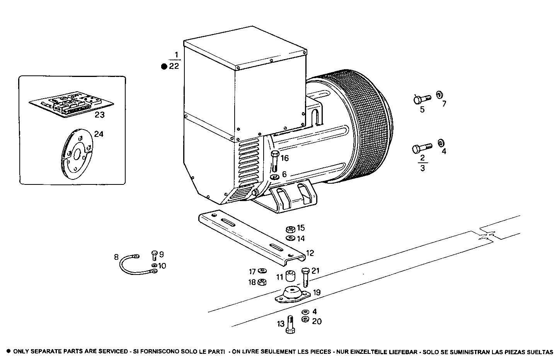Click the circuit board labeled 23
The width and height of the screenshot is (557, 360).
point(72,103)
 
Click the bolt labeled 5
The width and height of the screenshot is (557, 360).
point(421,99)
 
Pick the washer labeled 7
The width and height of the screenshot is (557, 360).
point(439,95)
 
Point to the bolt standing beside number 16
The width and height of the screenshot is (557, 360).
point(274,162)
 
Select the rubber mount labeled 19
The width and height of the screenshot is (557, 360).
point(292,295)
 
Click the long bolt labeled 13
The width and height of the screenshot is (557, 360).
point(291,325)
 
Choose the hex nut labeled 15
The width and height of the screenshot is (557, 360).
point(291,229)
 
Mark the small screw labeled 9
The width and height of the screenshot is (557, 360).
point(154,255)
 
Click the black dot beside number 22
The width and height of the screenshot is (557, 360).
point(164,67)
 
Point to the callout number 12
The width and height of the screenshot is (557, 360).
point(310,253)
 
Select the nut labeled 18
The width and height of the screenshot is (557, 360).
point(262,282)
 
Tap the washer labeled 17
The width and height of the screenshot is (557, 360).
point(262,271)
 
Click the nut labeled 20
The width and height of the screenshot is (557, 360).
point(305,319)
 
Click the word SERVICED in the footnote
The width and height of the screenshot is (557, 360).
point(112,352)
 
